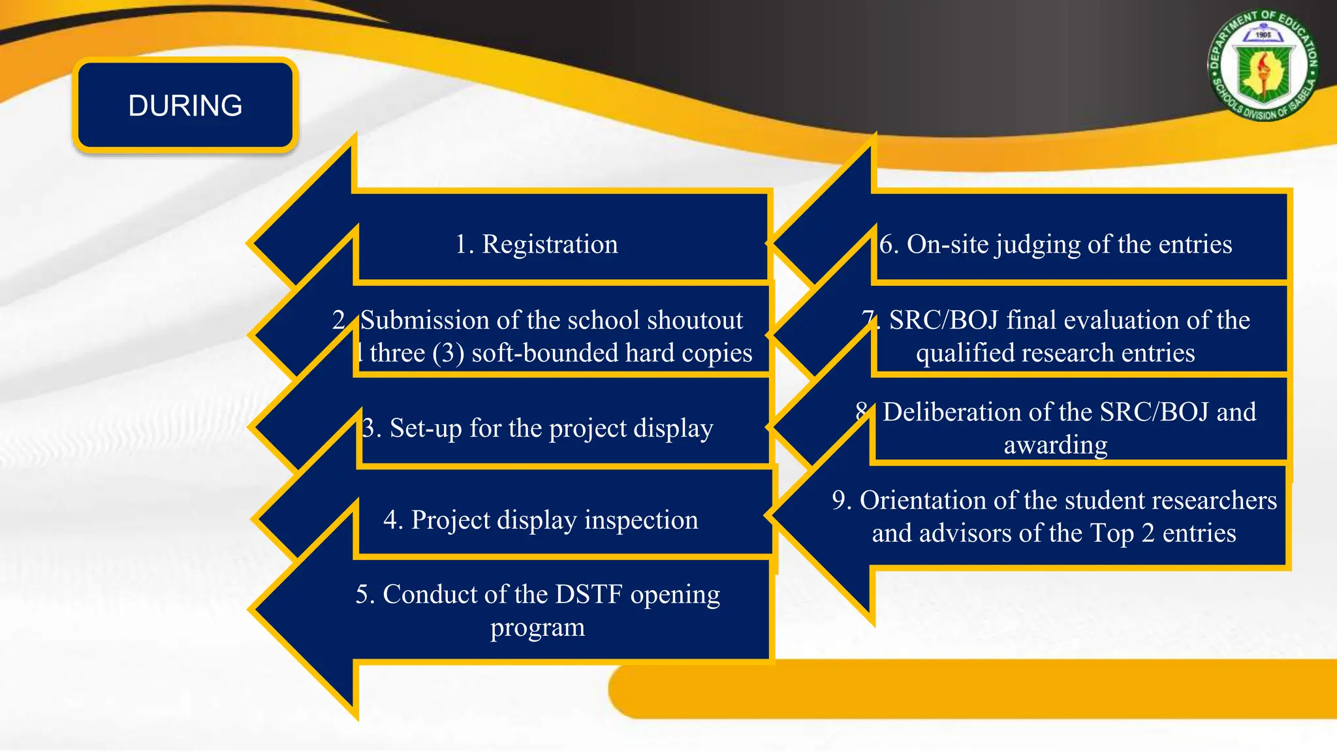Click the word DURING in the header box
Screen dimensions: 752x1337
[x=185, y=106]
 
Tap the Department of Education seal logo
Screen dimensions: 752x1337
[x=1263, y=67]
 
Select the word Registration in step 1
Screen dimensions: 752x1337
[x=550, y=244]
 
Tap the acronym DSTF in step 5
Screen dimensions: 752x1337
[x=588, y=595]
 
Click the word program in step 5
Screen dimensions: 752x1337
[x=537, y=628]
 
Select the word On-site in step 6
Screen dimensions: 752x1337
[x=947, y=244]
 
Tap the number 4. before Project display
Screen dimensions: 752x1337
[x=393, y=520]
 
